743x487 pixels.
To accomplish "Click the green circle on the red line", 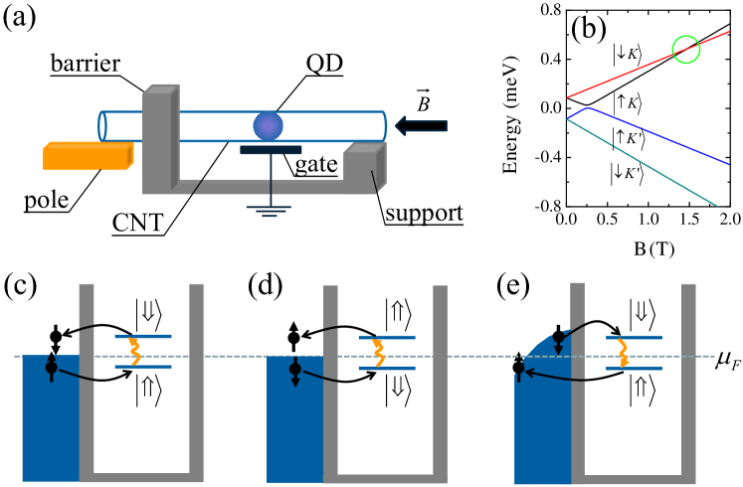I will point(686,50).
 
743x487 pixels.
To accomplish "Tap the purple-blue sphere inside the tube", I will point(268,126).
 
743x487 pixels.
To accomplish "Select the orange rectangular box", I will point(87,157).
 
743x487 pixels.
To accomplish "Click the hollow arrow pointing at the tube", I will point(421,126).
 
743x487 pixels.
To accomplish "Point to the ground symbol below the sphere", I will point(270,210).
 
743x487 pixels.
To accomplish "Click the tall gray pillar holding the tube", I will point(158,139).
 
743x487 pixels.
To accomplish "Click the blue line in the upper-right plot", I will point(656,135).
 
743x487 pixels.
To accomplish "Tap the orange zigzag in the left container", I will point(134,352).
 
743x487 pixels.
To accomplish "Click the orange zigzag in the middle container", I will point(379,353).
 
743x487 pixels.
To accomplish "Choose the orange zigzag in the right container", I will point(623,353).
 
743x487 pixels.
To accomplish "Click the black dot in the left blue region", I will point(52,368).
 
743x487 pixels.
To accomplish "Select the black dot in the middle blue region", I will point(295,369).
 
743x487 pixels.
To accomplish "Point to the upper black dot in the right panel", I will point(558,338).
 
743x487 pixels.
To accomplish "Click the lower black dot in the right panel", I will point(518,368).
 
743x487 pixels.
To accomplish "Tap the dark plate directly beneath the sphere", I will point(271,150).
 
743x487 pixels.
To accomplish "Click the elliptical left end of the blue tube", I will point(102,126).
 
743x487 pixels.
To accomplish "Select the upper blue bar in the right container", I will point(634,337).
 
